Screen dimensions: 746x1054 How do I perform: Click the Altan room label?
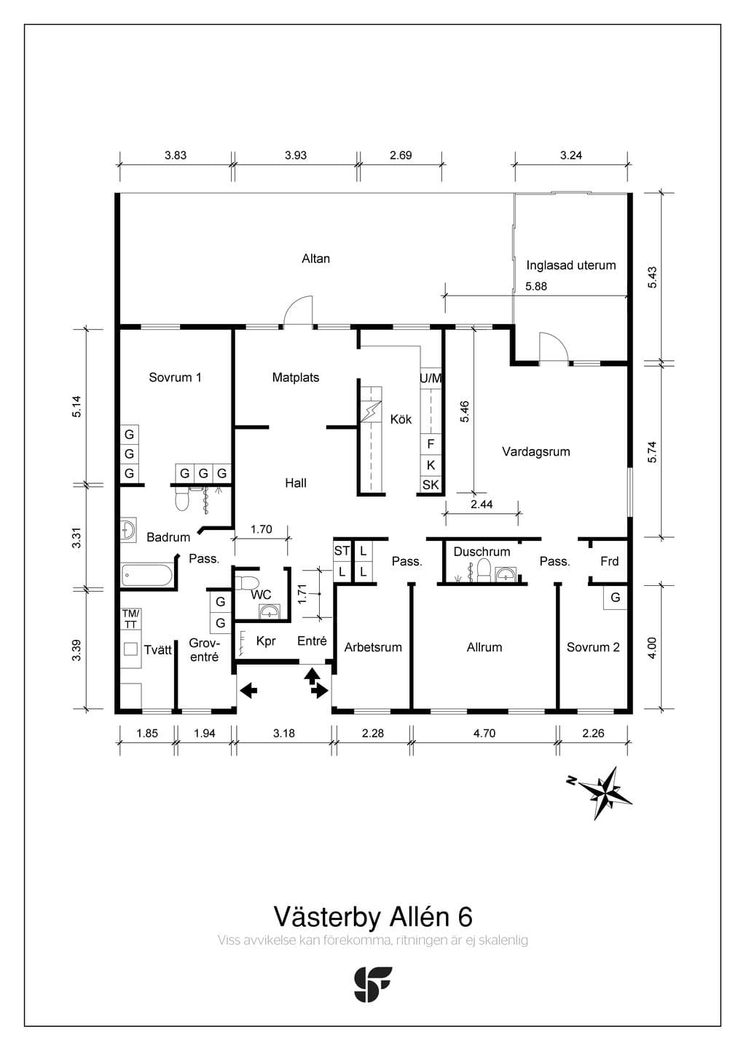click(x=315, y=258)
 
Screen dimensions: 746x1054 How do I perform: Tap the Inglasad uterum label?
click(x=571, y=266)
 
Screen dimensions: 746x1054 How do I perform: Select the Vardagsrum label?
click(x=536, y=452)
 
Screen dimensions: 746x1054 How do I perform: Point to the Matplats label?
click(x=296, y=377)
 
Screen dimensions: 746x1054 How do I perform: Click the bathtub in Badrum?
click(x=147, y=575)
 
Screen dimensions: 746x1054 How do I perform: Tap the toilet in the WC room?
click(x=246, y=583)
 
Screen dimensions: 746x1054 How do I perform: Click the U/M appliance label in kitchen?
click(x=431, y=379)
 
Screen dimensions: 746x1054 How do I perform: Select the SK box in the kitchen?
click(x=431, y=485)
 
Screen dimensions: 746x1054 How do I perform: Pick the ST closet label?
click(x=342, y=550)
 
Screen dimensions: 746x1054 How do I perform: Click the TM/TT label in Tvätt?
click(x=130, y=619)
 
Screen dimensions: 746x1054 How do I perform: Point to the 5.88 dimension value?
click(x=536, y=286)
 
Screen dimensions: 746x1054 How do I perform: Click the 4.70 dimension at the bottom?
click(x=484, y=733)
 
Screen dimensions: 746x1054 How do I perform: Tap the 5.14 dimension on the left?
click(x=76, y=407)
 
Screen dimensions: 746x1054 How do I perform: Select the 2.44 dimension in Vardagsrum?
click(x=482, y=504)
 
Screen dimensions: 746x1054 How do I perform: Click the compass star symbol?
click(x=605, y=793)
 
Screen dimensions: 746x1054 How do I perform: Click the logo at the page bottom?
click(x=373, y=985)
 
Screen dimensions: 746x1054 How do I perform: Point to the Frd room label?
click(x=610, y=561)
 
